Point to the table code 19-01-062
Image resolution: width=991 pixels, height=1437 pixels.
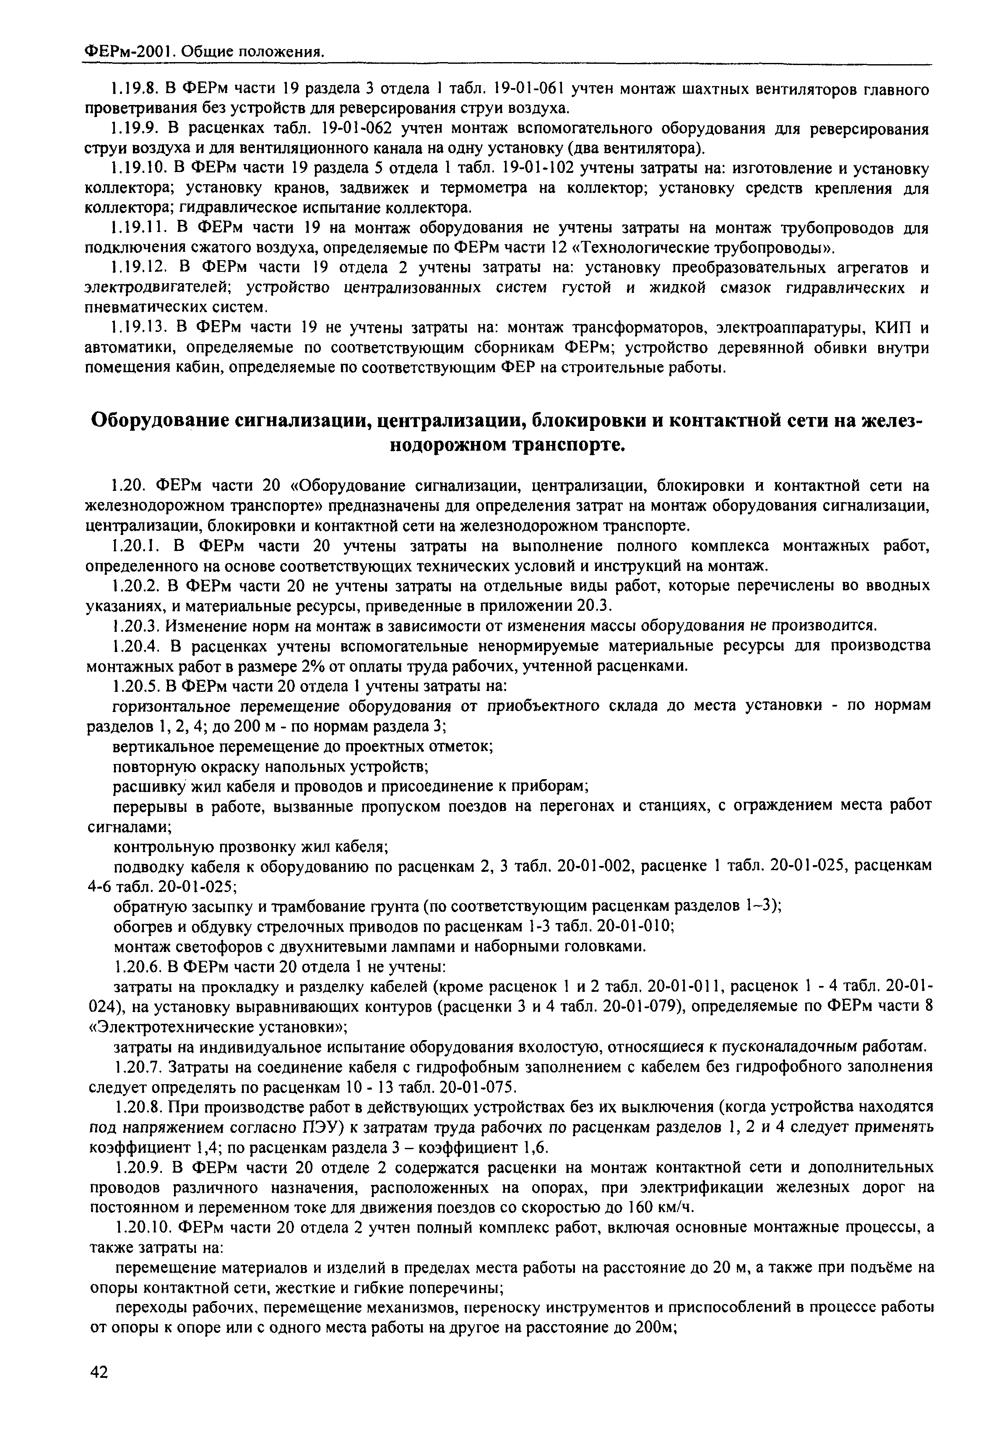(361, 129)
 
